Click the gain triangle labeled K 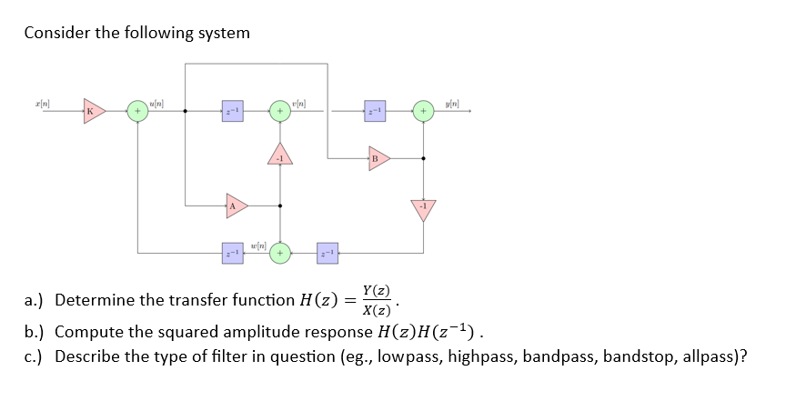point(93,112)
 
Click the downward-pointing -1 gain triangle point(423,208)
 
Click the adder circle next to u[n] point(137,112)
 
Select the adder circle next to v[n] point(279,112)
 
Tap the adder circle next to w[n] point(280,252)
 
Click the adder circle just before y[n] point(423,112)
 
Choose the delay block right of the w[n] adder point(327,252)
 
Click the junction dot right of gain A point(279,205)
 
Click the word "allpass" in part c point(712,356)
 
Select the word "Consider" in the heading point(56,33)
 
